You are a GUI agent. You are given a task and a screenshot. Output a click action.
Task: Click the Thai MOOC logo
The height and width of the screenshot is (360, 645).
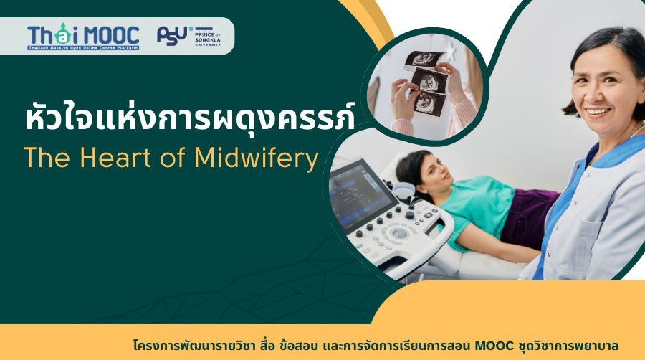(83, 37)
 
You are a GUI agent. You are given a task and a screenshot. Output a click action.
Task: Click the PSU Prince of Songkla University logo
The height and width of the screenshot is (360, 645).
(188, 36)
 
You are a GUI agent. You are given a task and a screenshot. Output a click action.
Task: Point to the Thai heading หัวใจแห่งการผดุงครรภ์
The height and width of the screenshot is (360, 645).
(188, 118)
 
